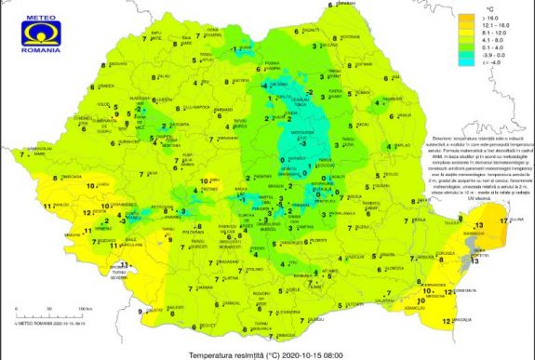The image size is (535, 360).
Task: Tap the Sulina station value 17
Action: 503,220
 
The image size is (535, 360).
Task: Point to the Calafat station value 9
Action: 140,311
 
